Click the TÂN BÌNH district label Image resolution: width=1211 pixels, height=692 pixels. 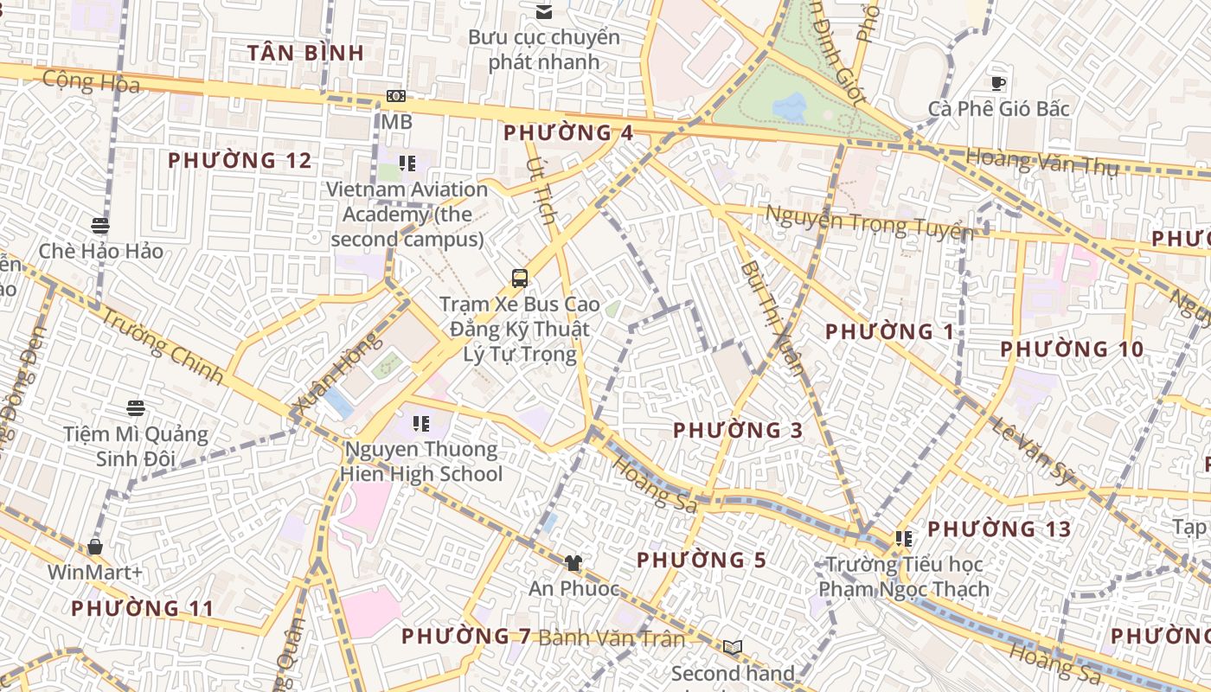point(305,53)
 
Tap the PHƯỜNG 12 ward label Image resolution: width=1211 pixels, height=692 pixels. point(240,161)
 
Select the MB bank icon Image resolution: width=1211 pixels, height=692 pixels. point(396,97)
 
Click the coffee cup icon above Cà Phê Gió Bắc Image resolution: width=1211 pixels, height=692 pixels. point(998,83)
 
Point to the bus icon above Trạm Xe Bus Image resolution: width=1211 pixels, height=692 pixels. point(519,279)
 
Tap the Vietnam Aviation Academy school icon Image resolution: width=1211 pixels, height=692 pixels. point(407,163)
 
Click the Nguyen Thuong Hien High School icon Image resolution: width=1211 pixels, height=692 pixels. point(421,424)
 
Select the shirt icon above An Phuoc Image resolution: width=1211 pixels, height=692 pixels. point(573,563)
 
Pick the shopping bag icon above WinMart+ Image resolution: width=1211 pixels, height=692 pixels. point(95,547)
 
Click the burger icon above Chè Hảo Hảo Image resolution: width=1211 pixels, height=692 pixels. point(100,226)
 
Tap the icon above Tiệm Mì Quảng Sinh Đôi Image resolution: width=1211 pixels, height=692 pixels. point(135,407)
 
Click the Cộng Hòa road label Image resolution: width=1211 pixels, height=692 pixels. point(91,82)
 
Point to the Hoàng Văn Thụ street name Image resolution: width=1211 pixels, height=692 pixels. point(1041,162)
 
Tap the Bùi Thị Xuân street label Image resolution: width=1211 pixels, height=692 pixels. point(772,317)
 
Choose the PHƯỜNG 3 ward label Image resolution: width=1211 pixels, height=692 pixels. point(738,430)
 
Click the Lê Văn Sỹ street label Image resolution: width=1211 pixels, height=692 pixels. point(1032,449)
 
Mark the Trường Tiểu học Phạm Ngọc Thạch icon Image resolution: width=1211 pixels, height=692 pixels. point(904,539)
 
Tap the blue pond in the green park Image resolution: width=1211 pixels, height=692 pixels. point(790,107)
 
